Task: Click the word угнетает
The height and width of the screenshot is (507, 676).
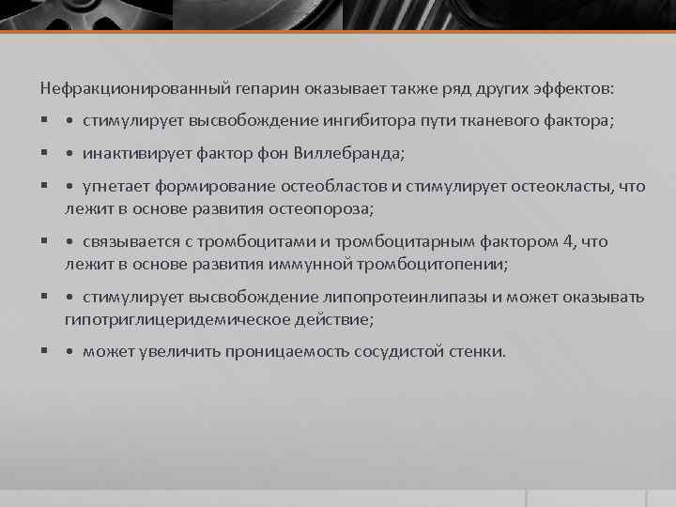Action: tap(115, 185)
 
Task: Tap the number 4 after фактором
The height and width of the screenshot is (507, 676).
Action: tap(566, 241)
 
